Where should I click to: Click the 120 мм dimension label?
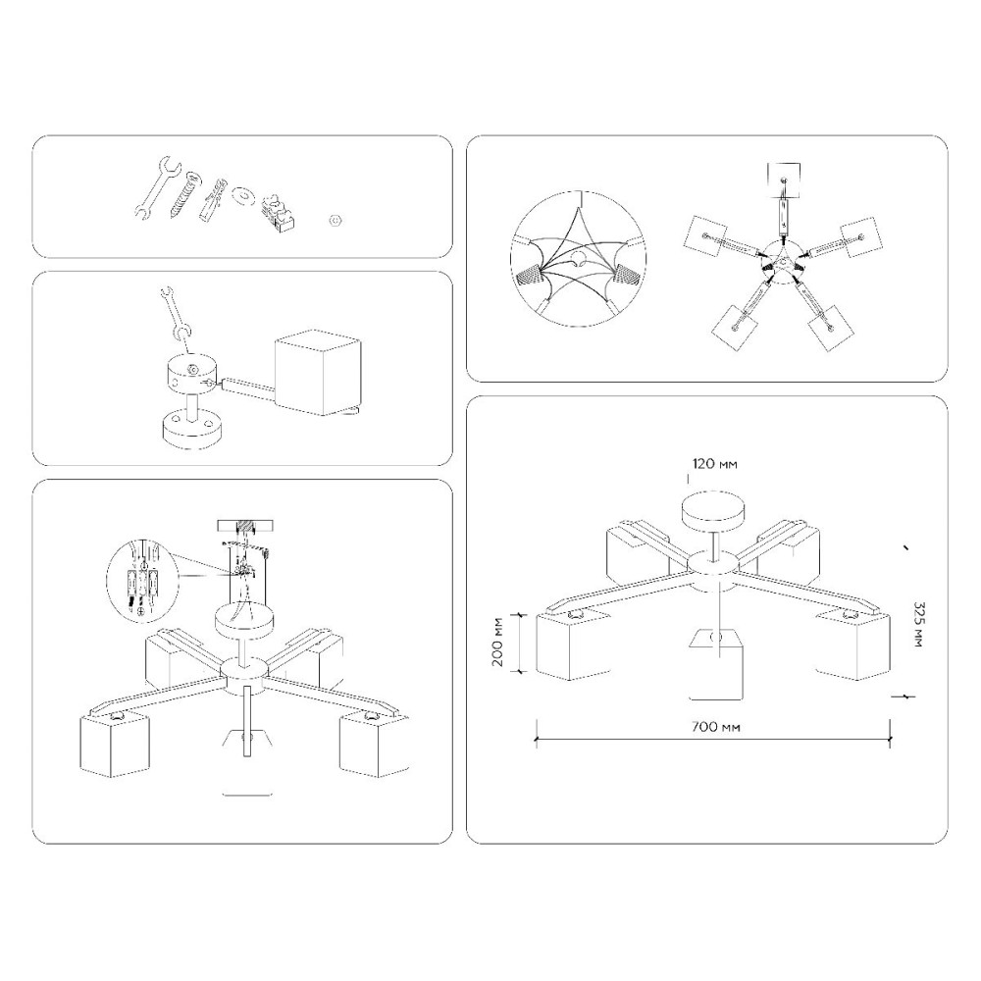(x=714, y=464)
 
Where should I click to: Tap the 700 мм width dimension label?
(x=716, y=727)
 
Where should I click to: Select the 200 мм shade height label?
(x=498, y=642)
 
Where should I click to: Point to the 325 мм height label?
(x=918, y=624)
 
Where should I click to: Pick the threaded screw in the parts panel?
(x=185, y=195)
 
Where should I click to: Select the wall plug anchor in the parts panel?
(x=213, y=199)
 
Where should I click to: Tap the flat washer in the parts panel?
(x=241, y=194)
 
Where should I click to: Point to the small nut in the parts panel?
(x=336, y=220)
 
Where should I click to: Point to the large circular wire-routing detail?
(x=579, y=259)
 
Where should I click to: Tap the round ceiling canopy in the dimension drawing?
(x=714, y=507)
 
